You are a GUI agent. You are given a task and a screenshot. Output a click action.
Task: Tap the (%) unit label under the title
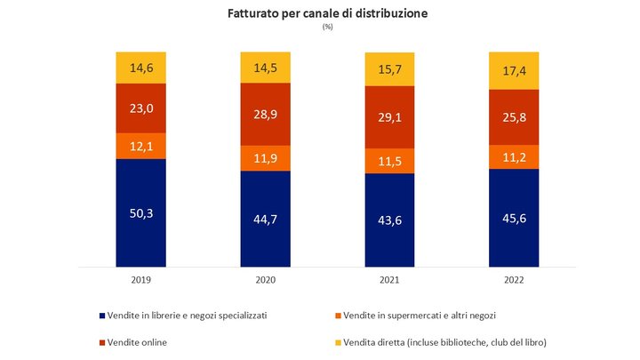pyautogui.click(x=327, y=28)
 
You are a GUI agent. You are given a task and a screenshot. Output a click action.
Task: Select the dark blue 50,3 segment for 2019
pyautogui.click(x=140, y=212)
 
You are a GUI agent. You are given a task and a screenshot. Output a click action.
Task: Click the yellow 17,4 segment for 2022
pyautogui.click(x=514, y=69)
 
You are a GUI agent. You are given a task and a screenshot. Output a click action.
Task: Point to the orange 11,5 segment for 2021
pyautogui.click(x=389, y=159)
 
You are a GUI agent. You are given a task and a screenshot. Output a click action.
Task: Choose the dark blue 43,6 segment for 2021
pyautogui.click(x=389, y=220)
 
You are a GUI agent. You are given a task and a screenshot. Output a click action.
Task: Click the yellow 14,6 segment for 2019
pyautogui.click(x=140, y=68)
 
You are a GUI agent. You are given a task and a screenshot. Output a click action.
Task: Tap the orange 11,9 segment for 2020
pyautogui.click(x=266, y=157)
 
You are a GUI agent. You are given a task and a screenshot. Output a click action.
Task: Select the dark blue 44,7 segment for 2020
pyautogui.click(x=266, y=218)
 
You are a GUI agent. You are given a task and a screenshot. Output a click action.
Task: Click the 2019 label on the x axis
pyautogui.click(x=140, y=279)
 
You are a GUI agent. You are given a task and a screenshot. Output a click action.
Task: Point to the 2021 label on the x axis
pyautogui.click(x=389, y=279)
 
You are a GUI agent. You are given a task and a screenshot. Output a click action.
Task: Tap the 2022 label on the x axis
pyautogui.click(x=514, y=279)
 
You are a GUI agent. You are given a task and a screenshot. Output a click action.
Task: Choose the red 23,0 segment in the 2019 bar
pyautogui.click(x=140, y=108)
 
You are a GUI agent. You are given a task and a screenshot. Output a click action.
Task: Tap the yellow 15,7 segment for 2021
pyautogui.click(x=389, y=69)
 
